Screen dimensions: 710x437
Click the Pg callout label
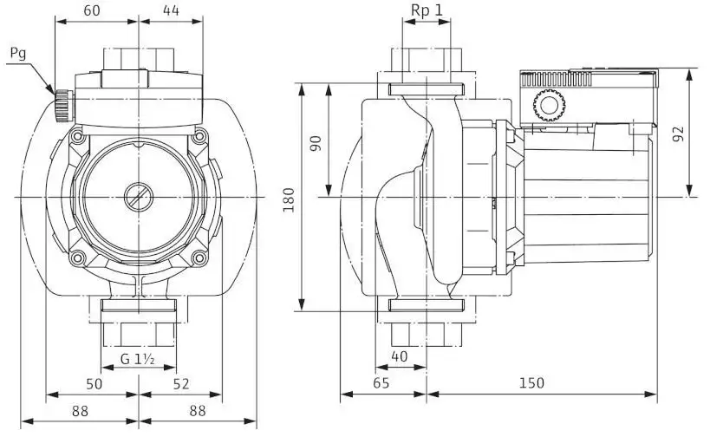(x=18, y=55)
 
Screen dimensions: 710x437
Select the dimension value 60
(x=92, y=10)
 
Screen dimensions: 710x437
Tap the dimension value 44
(x=171, y=10)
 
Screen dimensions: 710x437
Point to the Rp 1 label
(x=427, y=10)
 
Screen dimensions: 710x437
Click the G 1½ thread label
(x=138, y=359)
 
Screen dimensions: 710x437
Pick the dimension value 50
(x=94, y=384)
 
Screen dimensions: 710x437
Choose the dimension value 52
(x=181, y=384)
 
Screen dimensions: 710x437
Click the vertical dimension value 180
(x=289, y=199)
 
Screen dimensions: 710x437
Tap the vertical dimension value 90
(x=316, y=144)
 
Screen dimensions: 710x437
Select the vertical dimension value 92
(x=678, y=134)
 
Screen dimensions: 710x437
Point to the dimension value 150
(x=531, y=383)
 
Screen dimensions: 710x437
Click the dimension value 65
(x=381, y=383)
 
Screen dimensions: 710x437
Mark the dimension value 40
(x=399, y=356)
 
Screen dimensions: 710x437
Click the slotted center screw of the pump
(x=139, y=197)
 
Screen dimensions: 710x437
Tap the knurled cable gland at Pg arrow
(x=63, y=106)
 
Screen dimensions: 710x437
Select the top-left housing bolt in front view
(x=77, y=136)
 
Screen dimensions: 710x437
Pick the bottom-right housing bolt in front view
(x=199, y=258)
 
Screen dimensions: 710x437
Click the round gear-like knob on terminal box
(x=549, y=105)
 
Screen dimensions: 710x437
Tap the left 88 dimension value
(x=80, y=411)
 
